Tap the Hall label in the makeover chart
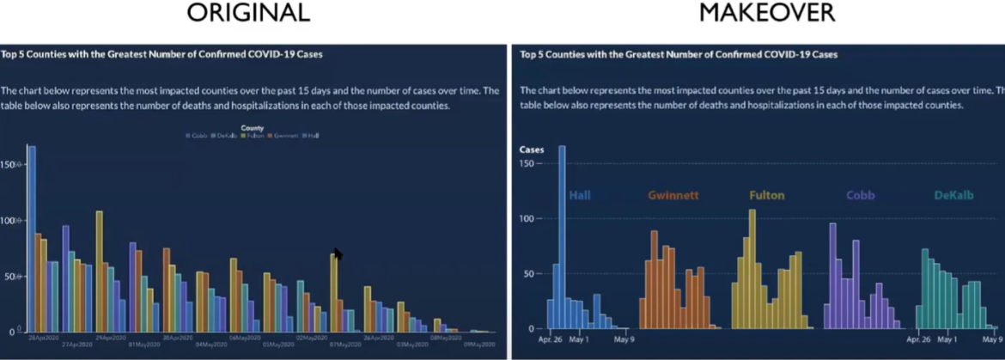(x=580, y=195)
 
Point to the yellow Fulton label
(x=766, y=195)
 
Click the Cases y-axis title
(x=532, y=149)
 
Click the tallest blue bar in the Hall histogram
(x=563, y=236)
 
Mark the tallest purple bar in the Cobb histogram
(x=832, y=275)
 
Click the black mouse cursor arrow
(x=338, y=254)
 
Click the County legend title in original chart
(x=252, y=128)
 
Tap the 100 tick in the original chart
(x=9, y=220)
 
